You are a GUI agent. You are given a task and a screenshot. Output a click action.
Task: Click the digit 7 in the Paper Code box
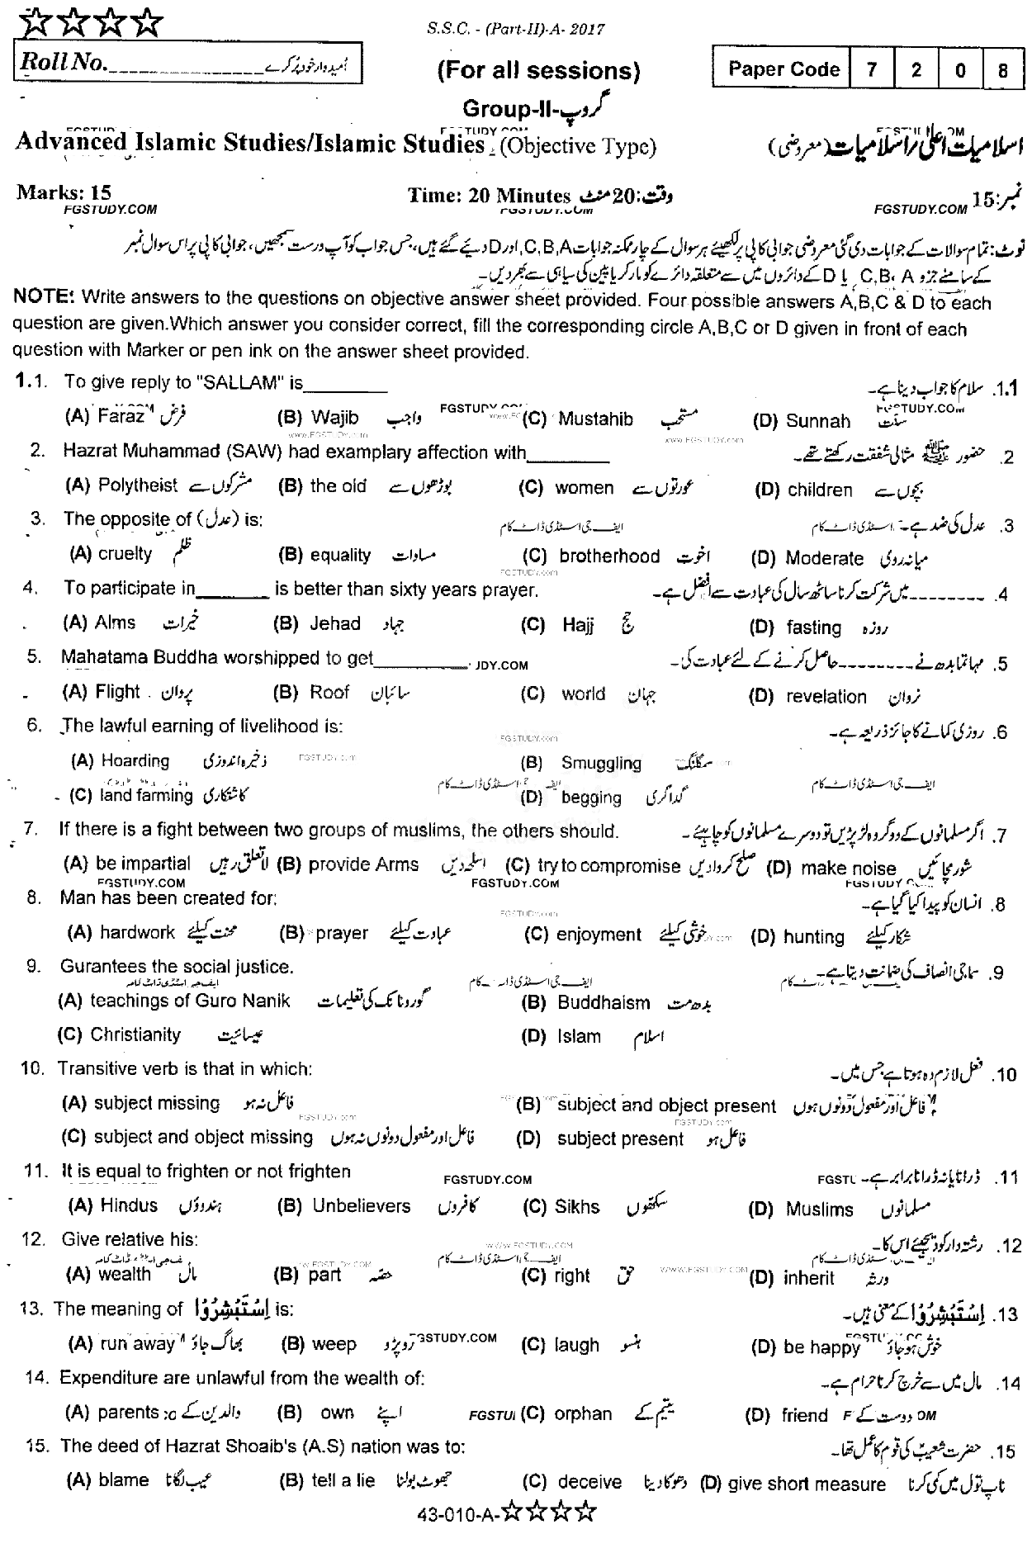pyautogui.click(x=872, y=69)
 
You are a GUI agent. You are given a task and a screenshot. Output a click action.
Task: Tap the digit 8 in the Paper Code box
pyautogui.click(x=1003, y=70)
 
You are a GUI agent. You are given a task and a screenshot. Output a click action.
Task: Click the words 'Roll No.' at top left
pyautogui.click(x=63, y=63)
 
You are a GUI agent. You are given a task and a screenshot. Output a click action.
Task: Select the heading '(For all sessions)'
pyautogui.click(x=538, y=71)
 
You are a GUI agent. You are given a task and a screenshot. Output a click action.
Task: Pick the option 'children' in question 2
pyautogui.click(x=819, y=490)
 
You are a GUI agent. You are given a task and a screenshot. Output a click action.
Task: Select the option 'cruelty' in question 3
pyautogui.click(x=125, y=554)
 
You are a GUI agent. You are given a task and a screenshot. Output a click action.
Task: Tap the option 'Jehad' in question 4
pyautogui.click(x=334, y=623)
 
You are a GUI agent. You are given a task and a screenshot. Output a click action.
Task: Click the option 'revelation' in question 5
pyautogui.click(x=826, y=696)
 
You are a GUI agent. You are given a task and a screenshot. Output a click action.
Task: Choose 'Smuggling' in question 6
pyautogui.click(x=600, y=763)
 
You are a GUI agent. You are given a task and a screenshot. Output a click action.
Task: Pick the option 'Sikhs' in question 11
pyautogui.click(x=577, y=1206)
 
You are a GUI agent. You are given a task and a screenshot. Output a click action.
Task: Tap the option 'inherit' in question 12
pyautogui.click(x=808, y=1278)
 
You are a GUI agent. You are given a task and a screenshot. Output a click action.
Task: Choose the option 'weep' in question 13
pyautogui.click(x=334, y=1344)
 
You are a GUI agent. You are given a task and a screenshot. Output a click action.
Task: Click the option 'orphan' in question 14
pyautogui.click(x=583, y=1413)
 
